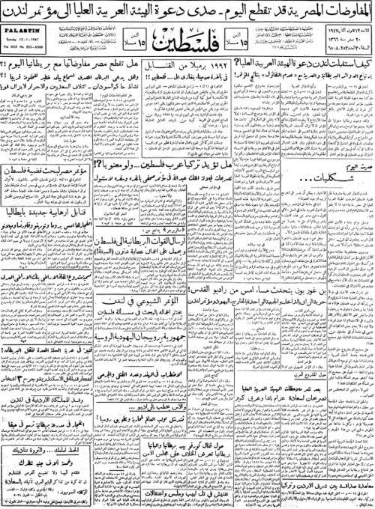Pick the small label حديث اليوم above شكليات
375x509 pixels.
(330, 214)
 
